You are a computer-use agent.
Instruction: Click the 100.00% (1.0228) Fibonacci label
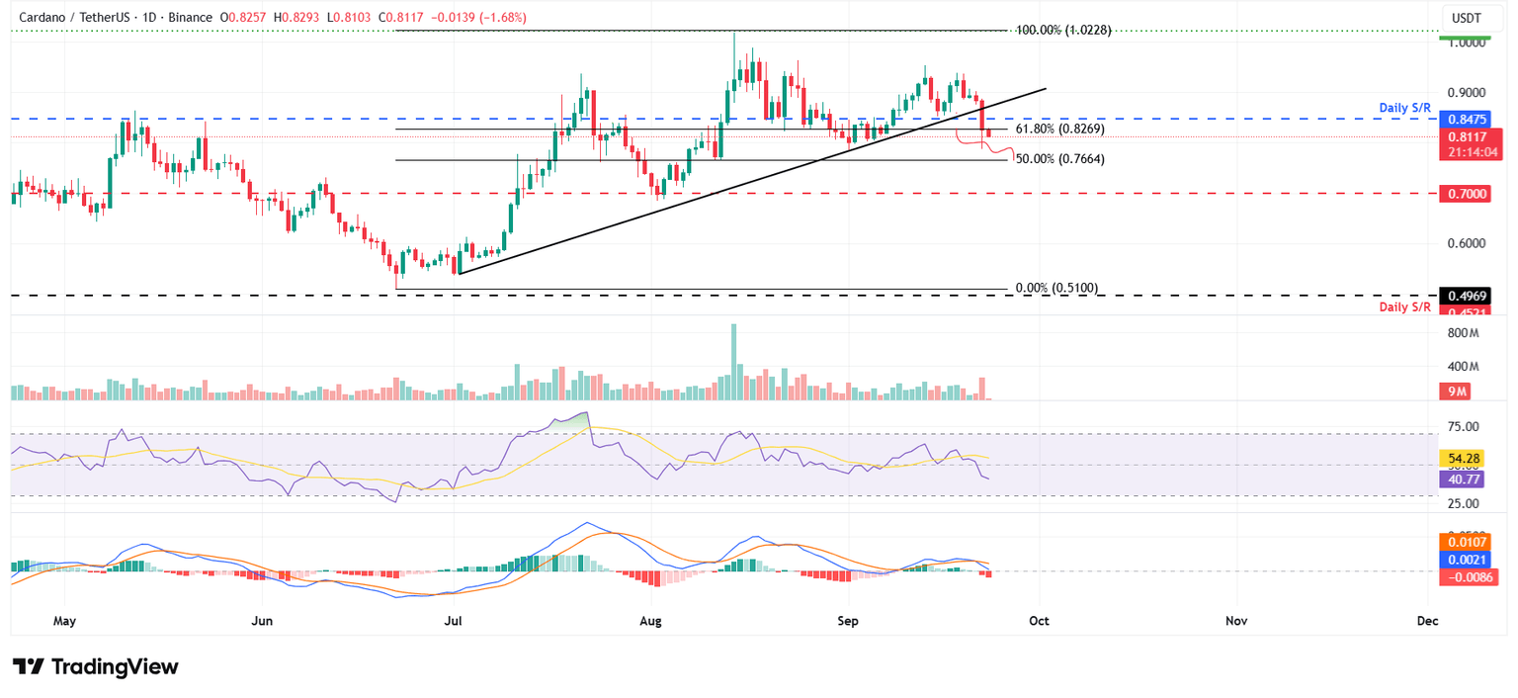(x=1063, y=31)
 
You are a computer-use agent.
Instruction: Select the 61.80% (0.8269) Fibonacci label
(x=1059, y=129)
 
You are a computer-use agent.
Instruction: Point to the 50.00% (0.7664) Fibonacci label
(x=1059, y=159)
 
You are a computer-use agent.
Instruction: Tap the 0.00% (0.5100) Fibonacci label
(x=1056, y=289)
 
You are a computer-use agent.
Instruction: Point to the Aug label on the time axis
(x=650, y=621)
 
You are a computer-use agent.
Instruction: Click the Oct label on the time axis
(x=1039, y=621)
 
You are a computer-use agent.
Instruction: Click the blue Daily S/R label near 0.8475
(x=1404, y=106)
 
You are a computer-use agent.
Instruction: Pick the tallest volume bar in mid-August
(x=732, y=362)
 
